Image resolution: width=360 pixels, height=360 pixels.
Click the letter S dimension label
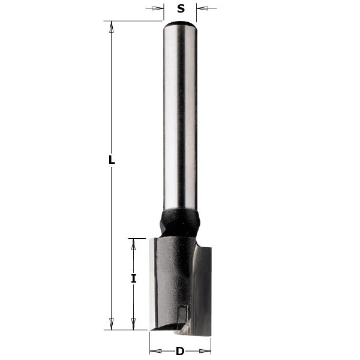(x=181, y=9)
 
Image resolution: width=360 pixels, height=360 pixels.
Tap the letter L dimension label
(x=112, y=160)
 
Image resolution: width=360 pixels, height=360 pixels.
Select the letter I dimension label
(x=134, y=278)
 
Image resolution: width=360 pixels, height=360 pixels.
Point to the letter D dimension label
(x=179, y=351)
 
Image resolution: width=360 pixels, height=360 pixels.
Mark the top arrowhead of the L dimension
(x=112, y=26)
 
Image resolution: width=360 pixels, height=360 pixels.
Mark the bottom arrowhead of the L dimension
(x=112, y=325)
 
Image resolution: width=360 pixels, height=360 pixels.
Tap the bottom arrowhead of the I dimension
(x=134, y=325)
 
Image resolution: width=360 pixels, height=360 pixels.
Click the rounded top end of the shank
(x=181, y=25)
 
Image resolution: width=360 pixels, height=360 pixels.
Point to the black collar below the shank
(x=179, y=222)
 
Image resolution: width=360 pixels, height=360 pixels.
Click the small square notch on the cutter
(x=183, y=312)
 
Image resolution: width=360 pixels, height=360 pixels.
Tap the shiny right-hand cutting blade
(x=202, y=288)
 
